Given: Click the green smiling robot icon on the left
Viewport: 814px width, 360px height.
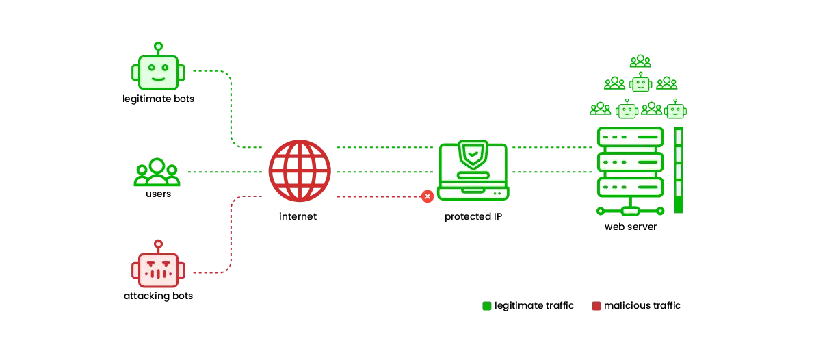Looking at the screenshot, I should tap(158, 72).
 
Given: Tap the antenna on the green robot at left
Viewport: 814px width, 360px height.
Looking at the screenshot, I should tap(158, 47).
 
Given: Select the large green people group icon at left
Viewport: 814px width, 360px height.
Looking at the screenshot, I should tap(156, 172).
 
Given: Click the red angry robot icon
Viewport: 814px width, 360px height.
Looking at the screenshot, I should tap(158, 269).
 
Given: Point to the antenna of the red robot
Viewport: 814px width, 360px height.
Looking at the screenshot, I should tap(158, 244).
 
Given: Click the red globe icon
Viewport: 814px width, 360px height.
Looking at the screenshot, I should tap(300, 170).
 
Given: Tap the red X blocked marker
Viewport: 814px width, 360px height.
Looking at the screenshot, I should tap(428, 196).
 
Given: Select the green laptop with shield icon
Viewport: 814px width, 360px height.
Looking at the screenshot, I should tap(473, 171).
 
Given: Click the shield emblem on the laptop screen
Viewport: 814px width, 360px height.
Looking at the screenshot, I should tap(473, 154).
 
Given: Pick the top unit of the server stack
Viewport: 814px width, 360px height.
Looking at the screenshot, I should tap(630, 137).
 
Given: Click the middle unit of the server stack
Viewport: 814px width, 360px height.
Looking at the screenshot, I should tap(630, 162).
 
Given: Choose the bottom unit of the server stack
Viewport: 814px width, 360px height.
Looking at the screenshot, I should tap(630, 187).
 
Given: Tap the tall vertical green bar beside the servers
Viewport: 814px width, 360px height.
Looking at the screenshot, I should tap(678, 169).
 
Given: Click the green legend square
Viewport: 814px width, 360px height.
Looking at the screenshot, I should tap(486, 307).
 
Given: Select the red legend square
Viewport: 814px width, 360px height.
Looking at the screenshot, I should tap(596, 307).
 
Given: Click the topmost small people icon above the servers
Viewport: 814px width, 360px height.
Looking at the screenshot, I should tap(640, 61).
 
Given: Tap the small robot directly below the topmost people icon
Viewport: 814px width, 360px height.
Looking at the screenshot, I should tap(640, 83).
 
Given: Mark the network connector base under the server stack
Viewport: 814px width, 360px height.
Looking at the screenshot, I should tap(630, 211).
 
